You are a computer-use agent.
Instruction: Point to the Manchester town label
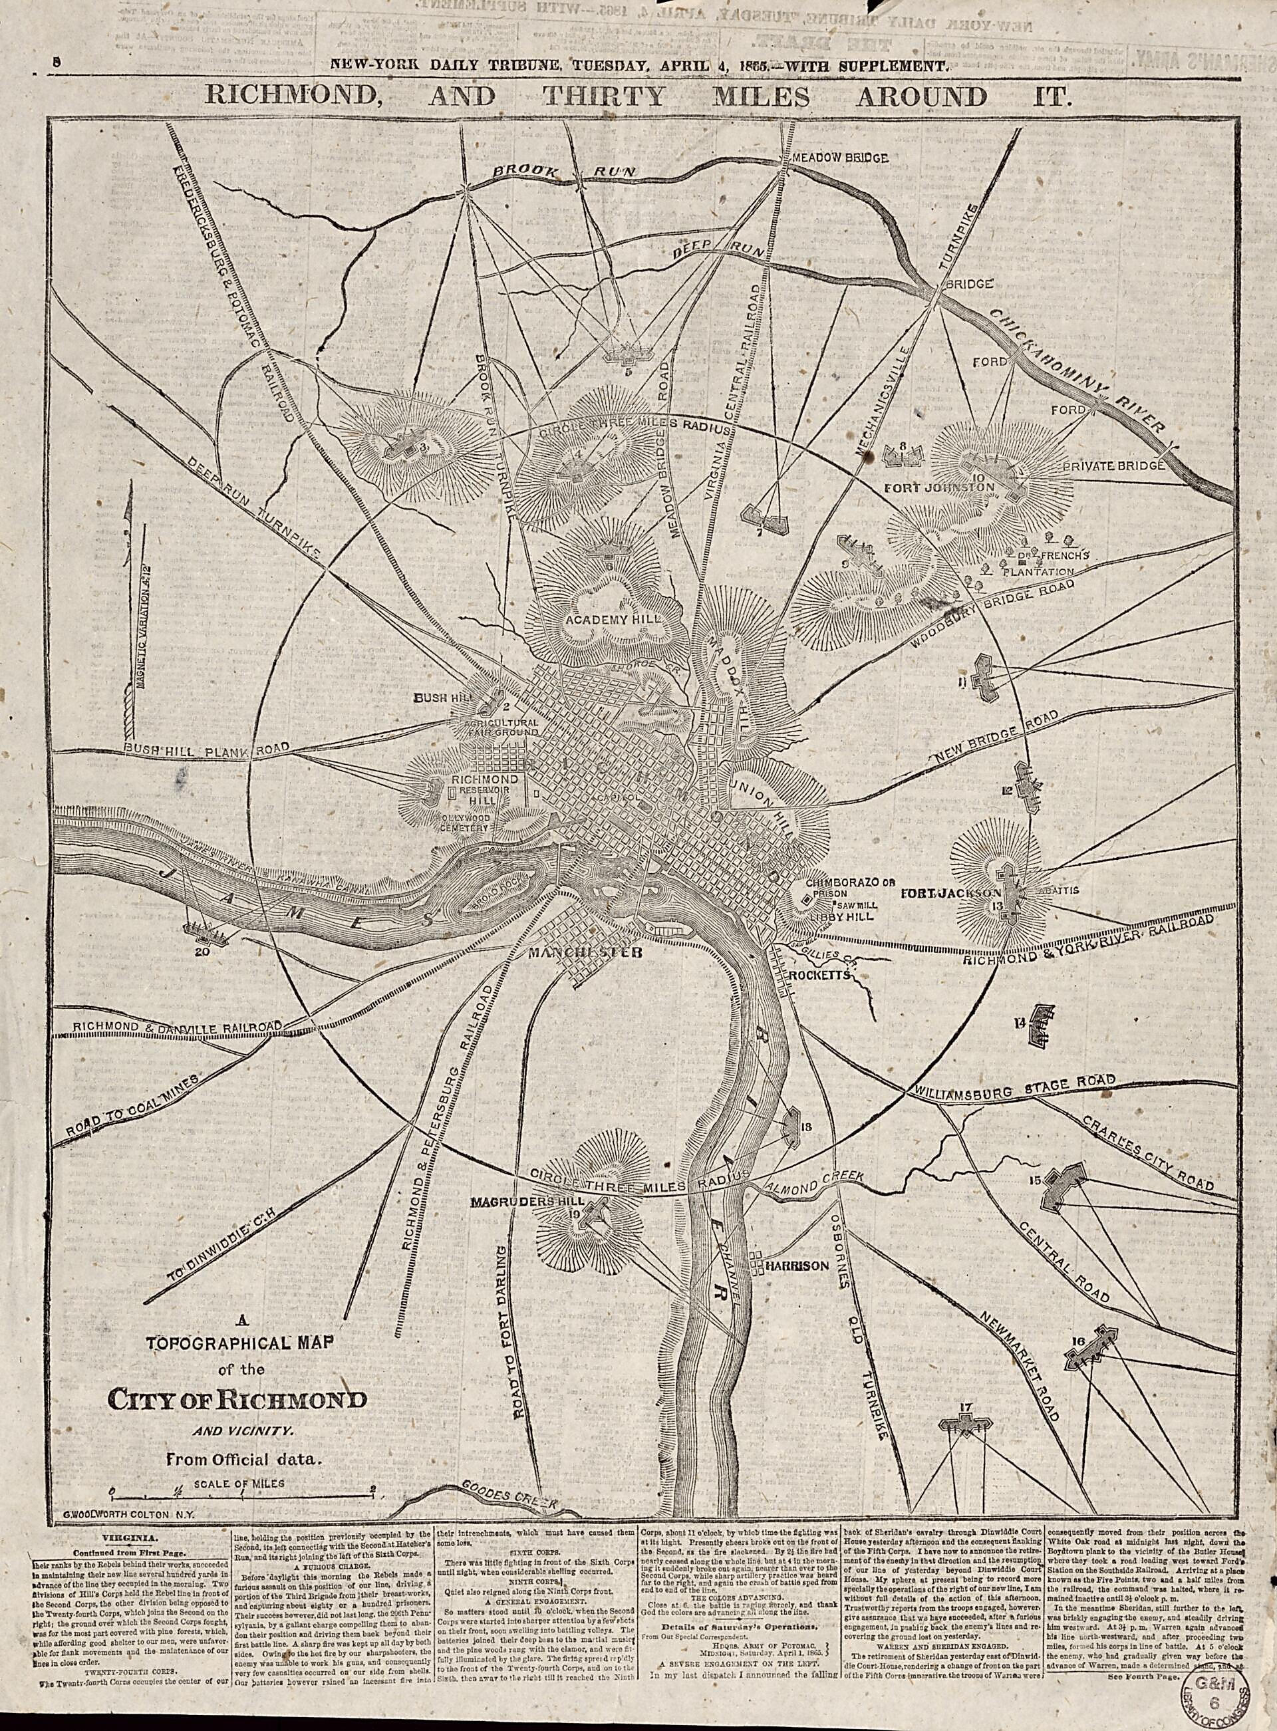[x=585, y=954]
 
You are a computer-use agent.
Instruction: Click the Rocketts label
[x=819, y=976]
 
